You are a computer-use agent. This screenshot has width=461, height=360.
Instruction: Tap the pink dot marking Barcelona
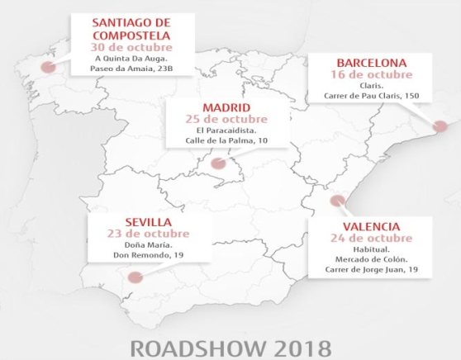click(x=440, y=126)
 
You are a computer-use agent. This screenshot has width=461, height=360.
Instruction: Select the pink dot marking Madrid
click(x=217, y=163)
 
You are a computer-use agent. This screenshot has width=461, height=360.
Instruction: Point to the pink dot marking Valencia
click(x=336, y=201)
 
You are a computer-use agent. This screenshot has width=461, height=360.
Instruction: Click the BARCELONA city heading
click(x=371, y=63)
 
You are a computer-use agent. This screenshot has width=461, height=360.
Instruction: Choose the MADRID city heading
click(x=226, y=109)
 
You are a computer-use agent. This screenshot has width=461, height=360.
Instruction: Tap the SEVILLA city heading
click(x=144, y=221)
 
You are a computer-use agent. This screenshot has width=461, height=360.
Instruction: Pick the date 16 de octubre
click(x=371, y=73)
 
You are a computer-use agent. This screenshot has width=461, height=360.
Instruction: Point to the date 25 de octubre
click(x=226, y=120)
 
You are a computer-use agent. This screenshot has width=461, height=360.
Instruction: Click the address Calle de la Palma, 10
click(x=226, y=141)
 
